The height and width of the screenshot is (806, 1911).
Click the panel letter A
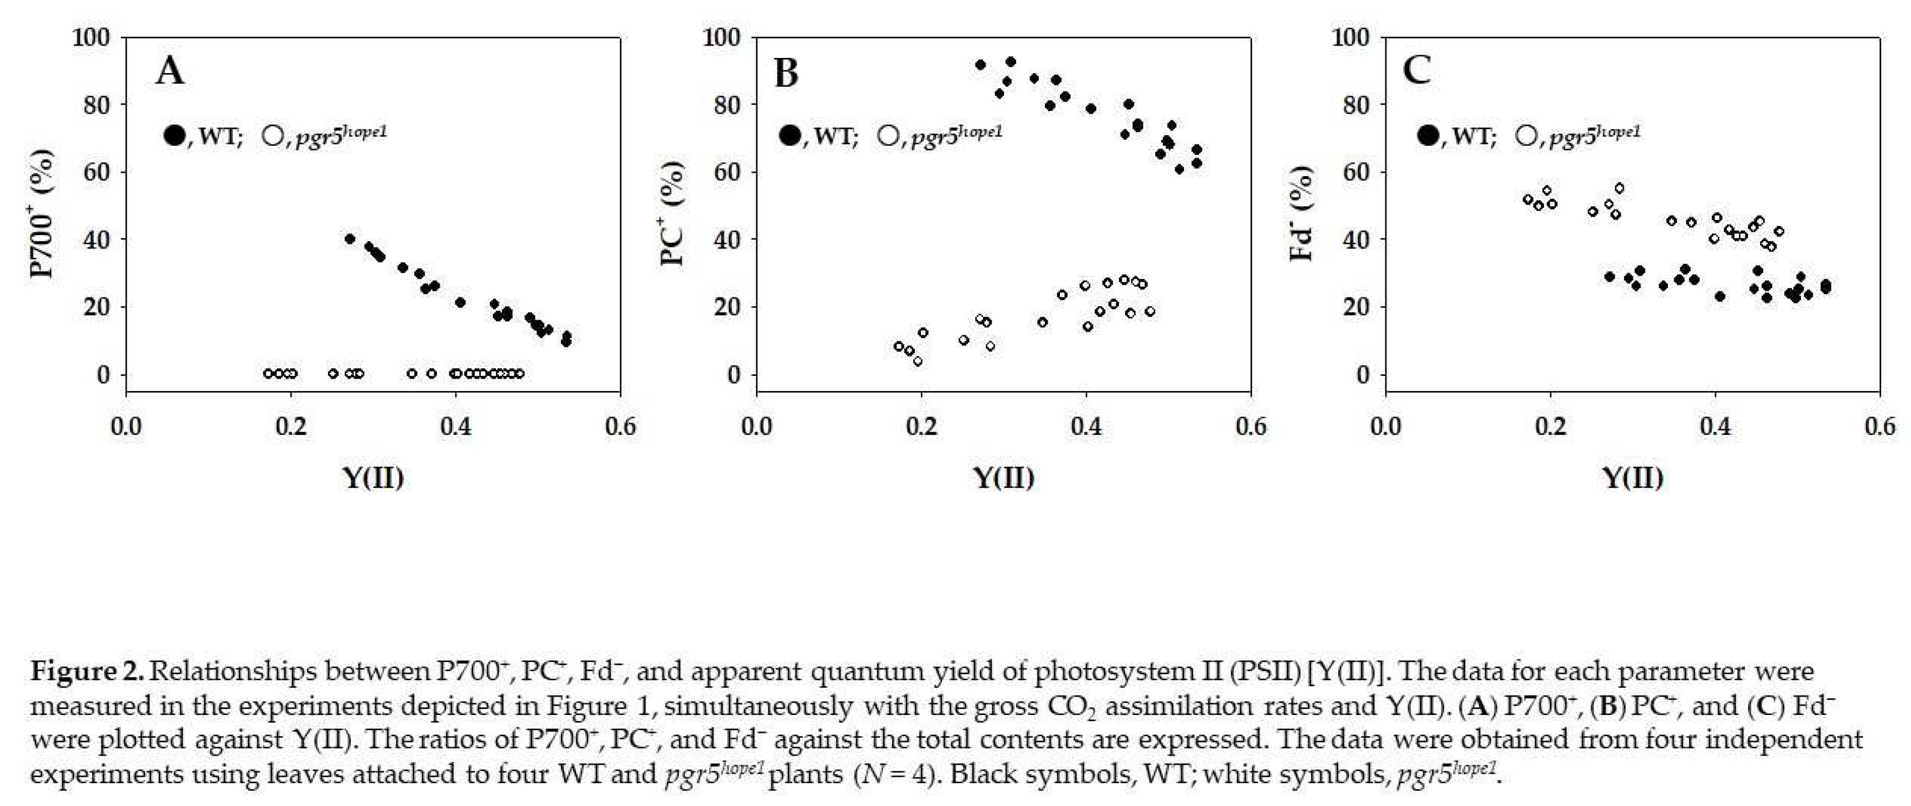(x=170, y=72)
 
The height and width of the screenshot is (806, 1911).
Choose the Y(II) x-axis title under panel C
(x=1633, y=477)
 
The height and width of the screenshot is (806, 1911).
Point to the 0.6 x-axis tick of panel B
(x=1251, y=426)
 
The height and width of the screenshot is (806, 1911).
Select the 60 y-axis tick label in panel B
(x=723, y=172)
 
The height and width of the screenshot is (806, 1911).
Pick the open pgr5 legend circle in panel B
(x=888, y=136)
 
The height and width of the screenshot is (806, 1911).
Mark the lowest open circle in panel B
(x=918, y=361)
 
